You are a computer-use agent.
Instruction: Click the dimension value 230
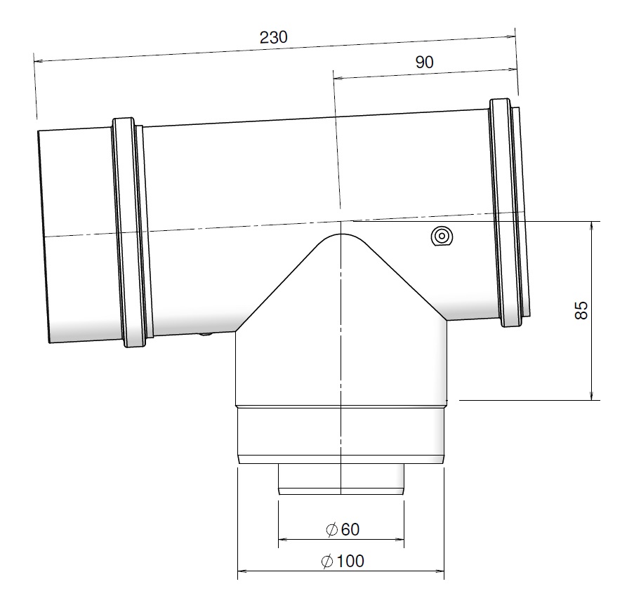273,38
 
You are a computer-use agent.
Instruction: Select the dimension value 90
424,62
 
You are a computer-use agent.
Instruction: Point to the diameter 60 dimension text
350,529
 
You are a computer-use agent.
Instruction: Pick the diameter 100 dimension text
350,562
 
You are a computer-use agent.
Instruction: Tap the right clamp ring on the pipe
507,212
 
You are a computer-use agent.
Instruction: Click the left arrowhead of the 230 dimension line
38,60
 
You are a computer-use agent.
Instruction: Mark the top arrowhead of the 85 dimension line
593,226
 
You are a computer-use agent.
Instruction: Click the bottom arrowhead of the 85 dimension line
593,397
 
